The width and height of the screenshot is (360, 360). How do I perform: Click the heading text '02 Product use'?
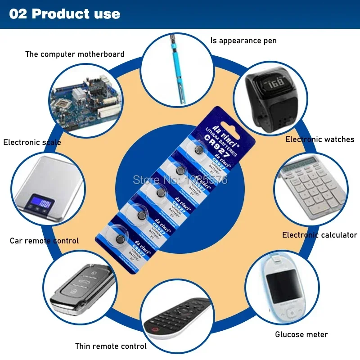pyautogui.click(x=65, y=14)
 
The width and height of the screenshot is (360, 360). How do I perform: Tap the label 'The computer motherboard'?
pyautogui.click(x=75, y=54)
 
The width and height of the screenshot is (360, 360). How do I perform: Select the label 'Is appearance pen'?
pyautogui.click(x=243, y=40)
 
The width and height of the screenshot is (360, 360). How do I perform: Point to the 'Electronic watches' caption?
pyautogui.click(x=320, y=139)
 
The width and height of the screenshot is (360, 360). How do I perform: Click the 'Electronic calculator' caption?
pyautogui.click(x=319, y=235)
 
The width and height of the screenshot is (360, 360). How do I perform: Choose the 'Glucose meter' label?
pyautogui.click(x=301, y=334)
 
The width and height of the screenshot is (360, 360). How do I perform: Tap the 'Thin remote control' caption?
pyautogui.click(x=111, y=346)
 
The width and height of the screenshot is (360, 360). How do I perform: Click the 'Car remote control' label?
pyautogui.click(x=44, y=241)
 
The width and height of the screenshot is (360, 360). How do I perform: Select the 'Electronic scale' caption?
pyautogui.click(x=32, y=142)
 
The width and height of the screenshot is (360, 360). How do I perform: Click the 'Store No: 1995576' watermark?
pyautogui.click(x=180, y=180)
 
